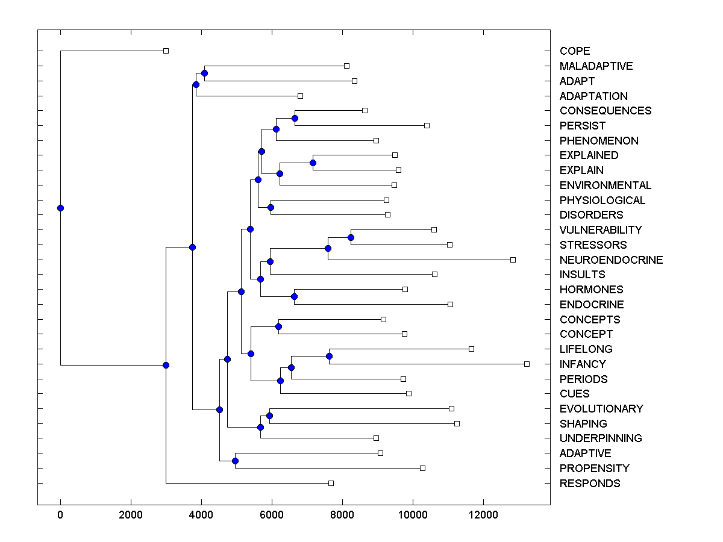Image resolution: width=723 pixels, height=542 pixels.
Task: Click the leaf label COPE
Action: click(x=574, y=51)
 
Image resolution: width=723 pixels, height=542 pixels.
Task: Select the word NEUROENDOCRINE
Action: click(x=611, y=260)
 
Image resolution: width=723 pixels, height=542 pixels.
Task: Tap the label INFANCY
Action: click(x=582, y=364)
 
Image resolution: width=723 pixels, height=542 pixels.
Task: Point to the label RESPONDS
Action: click(x=589, y=484)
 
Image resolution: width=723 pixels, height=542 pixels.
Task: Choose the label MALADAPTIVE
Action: click(x=596, y=66)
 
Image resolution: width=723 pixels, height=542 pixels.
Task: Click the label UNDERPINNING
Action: click(x=600, y=438)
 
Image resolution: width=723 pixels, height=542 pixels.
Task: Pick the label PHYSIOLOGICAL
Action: click(x=602, y=201)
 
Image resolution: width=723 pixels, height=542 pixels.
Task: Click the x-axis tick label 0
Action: click(x=60, y=515)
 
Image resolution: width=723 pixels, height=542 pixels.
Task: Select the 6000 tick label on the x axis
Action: click(x=272, y=515)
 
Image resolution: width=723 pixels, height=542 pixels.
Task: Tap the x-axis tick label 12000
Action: click(x=483, y=515)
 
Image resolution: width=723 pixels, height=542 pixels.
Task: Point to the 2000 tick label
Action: click(x=131, y=515)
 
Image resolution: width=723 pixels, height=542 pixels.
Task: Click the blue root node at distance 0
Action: click(x=60, y=208)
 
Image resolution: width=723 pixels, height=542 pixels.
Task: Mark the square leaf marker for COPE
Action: click(x=166, y=51)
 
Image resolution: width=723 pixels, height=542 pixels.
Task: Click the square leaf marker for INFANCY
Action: click(x=527, y=364)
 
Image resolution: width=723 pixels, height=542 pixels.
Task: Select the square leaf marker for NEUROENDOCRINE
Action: click(x=513, y=260)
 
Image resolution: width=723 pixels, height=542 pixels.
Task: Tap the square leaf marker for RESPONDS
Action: click(x=331, y=483)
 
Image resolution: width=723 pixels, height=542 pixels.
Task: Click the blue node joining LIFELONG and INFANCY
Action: click(x=329, y=357)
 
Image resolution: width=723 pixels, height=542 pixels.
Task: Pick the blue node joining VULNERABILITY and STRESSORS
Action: click(x=351, y=237)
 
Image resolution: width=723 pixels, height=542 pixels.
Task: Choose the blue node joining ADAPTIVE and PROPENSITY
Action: click(x=235, y=461)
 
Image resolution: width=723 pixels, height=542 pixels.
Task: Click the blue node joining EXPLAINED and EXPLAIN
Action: click(x=313, y=163)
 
